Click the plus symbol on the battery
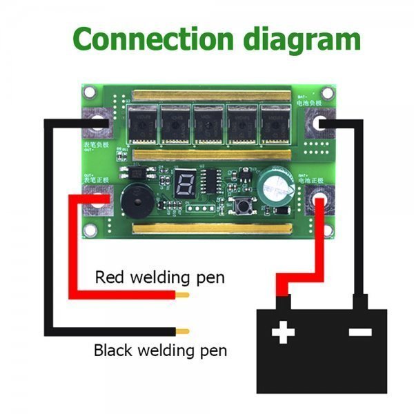pyautogui.click(x=283, y=334)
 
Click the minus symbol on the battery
pyautogui.click(x=360, y=333)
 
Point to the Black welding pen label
pyautogui.click(x=160, y=350)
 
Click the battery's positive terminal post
pyautogui.click(x=283, y=302)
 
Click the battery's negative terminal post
pyautogui.click(x=360, y=302)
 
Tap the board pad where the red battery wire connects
pyautogui.click(x=321, y=201)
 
